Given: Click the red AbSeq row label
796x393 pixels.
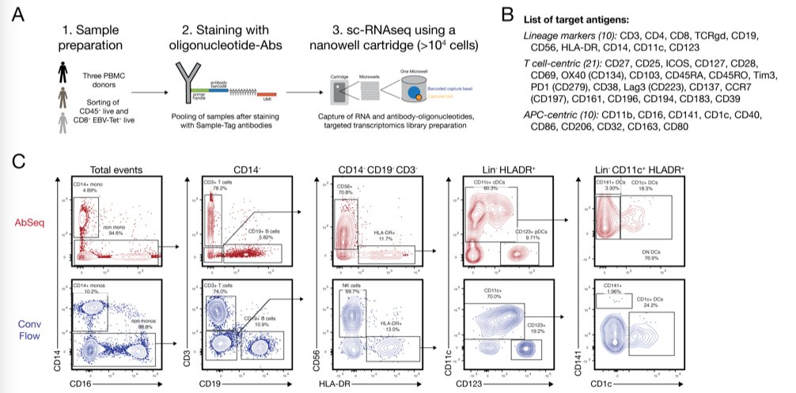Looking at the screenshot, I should (32, 224).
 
